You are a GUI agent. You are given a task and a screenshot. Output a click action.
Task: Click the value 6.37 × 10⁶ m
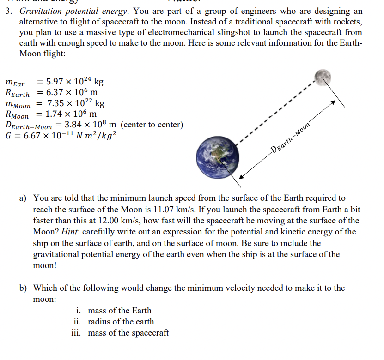pyautogui.click(x=66, y=92)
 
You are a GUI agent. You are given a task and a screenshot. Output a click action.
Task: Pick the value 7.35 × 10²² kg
pyautogui.click(x=76, y=103)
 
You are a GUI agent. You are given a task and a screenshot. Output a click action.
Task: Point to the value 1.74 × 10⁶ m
pyautogui.click(x=66, y=114)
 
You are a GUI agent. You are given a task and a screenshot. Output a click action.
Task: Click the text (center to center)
pyautogui.click(x=153, y=125)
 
